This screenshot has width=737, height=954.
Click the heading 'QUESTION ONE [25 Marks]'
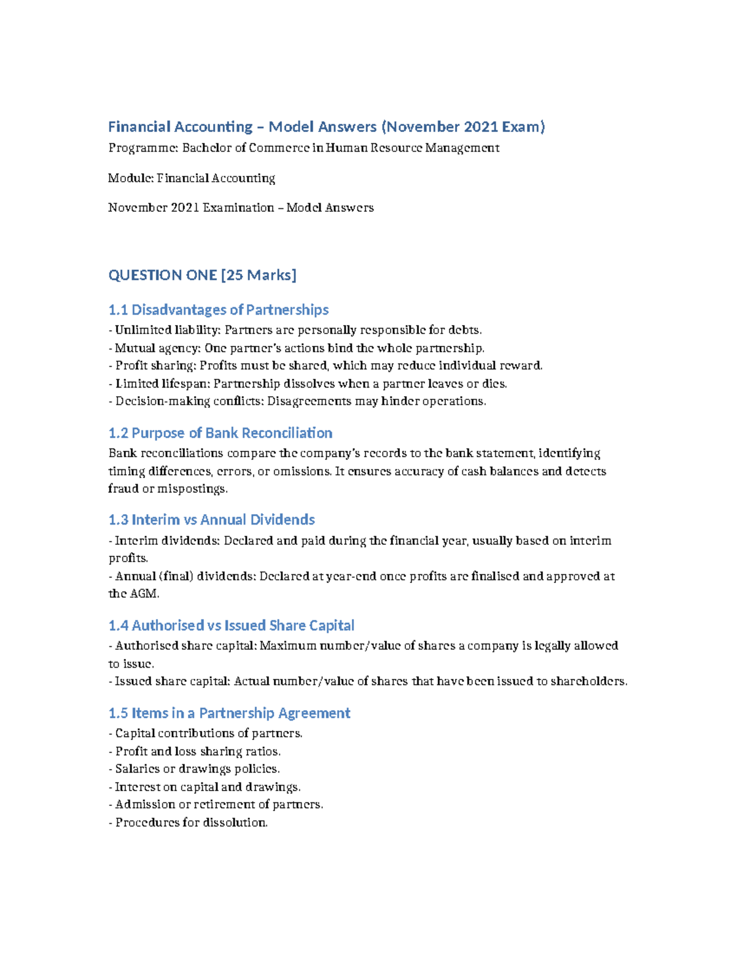[x=202, y=275]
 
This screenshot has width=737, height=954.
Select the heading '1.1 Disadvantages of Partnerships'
[x=218, y=310]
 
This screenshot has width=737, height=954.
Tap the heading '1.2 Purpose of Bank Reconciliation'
[x=220, y=433]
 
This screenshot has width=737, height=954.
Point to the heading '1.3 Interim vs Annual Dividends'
[x=211, y=520]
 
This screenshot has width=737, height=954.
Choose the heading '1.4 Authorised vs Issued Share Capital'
[x=231, y=625]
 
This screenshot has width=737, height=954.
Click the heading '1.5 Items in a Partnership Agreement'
[x=229, y=713]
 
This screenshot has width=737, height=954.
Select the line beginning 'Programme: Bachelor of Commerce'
[x=303, y=148]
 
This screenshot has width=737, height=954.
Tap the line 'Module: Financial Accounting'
[x=191, y=178]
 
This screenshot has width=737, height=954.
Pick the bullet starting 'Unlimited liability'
[x=295, y=330]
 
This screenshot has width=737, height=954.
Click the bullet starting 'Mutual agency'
[x=296, y=348]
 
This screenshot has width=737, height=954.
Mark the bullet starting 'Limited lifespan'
[x=308, y=384]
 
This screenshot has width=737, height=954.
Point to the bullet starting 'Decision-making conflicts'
[x=297, y=401]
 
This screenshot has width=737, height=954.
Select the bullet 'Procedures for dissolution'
[x=188, y=823]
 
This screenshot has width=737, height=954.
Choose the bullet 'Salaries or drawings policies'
[x=194, y=769]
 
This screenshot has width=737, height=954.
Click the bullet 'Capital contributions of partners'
[x=206, y=733]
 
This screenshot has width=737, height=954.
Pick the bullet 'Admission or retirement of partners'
[x=216, y=805]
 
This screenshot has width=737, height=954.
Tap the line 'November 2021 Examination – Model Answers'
[x=241, y=208]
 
